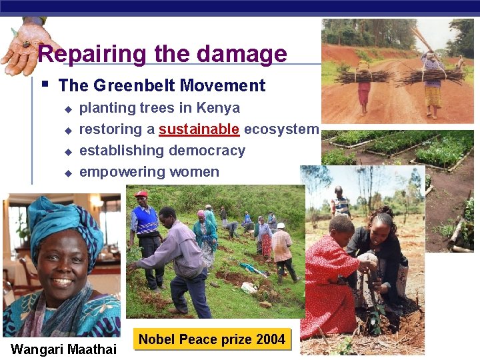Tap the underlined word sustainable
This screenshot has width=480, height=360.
pos(199,129)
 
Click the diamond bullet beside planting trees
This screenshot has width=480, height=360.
pos(67,108)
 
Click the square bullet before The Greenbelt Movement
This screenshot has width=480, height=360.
pos(44,85)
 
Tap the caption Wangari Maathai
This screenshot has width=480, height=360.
pos(64,349)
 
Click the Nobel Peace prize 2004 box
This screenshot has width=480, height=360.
pos(212,339)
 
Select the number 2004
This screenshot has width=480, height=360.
pos(270,339)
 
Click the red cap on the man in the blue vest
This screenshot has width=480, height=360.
pos(141,194)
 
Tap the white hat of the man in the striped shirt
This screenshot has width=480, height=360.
pos(281,225)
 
